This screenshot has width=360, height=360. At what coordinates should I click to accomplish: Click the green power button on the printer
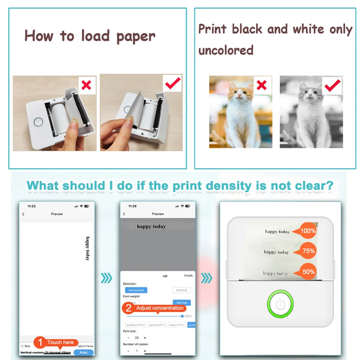[x=280, y=304]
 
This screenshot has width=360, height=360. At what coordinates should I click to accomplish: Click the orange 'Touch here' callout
[x=56, y=342]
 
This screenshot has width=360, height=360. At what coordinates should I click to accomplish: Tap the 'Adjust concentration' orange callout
[x=154, y=308]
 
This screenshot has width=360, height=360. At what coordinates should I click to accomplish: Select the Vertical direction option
[x=181, y=290]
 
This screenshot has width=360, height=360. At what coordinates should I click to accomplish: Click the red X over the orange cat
[x=261, y=85]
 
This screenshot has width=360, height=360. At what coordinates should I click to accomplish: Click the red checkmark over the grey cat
[x=332, y=85]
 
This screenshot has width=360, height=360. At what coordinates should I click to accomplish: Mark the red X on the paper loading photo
[x=87, y=85]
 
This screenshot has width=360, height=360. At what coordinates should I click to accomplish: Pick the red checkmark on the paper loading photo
[x=172, y=83]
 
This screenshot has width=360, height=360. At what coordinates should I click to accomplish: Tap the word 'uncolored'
[x=226, y=50]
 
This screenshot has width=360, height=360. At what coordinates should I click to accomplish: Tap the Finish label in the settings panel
[x=188, y=275]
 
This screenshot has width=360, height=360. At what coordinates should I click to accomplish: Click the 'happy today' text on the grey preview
[x=151, y=226]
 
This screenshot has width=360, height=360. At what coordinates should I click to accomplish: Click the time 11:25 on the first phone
[x=31, y=206]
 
